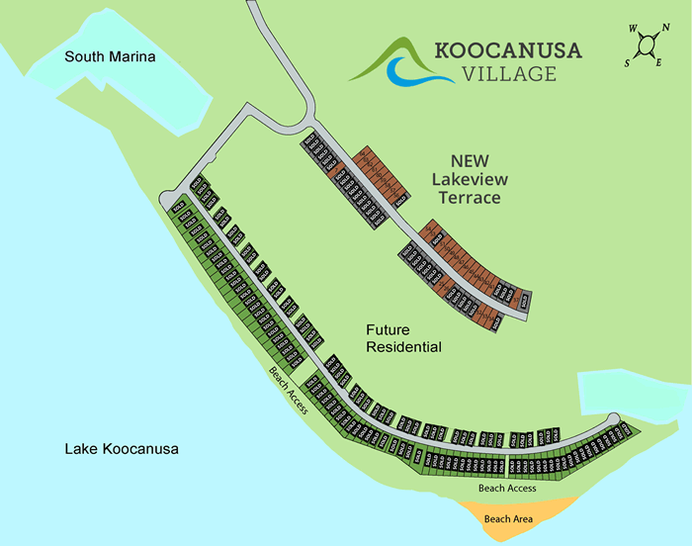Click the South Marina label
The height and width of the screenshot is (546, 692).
point(110,57)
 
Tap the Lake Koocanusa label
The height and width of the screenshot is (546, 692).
point(121,449)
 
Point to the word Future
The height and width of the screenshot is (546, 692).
point(389,329)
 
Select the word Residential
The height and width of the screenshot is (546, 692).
point(403,347)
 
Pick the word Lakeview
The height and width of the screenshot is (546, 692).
point(468,179)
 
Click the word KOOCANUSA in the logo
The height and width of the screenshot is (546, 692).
point(508,50)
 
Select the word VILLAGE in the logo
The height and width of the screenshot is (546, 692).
point(508,73)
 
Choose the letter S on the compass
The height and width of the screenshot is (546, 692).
point(627,61)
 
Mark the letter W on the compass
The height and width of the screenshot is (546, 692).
point(632,29)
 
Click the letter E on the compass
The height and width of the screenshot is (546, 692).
point(657,63)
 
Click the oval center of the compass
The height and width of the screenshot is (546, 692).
point(646,45)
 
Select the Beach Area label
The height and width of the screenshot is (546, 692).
point(510,518)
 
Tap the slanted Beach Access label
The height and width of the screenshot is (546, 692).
point(291,391)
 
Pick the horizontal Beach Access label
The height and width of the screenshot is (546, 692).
point(507,489)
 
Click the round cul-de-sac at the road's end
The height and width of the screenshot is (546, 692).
point(613,418)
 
